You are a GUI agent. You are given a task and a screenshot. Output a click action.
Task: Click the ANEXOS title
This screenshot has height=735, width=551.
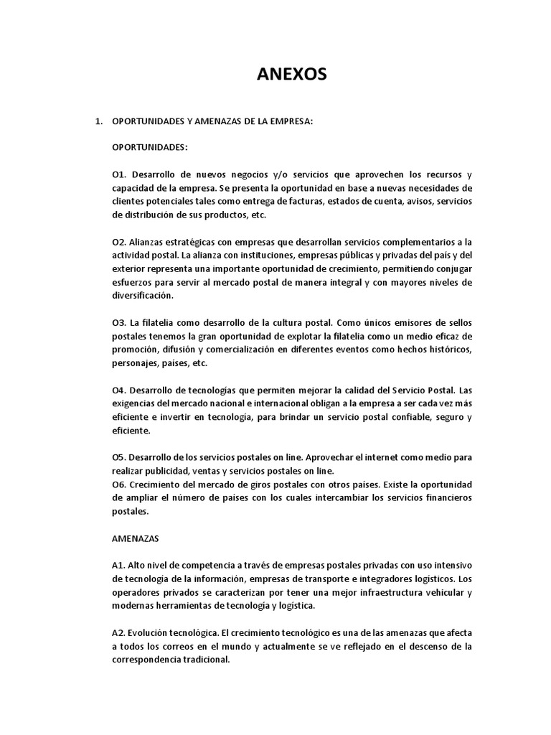pyautogui.click(x=291, y=74)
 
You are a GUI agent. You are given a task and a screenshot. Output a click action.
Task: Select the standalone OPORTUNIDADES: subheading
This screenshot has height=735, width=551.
pyautogui.click(x=149, y=148)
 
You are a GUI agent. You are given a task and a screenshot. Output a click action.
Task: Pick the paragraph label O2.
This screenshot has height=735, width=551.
pyautogui.click(x=119, y=243)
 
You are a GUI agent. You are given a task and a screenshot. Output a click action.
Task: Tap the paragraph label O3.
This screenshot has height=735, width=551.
pyautogui.click(x=119, y=323)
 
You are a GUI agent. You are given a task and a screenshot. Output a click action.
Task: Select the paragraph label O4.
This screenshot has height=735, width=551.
pyautogui.click(x=119, y=390)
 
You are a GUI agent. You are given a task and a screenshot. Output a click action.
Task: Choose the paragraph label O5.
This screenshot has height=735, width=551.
pyautogui.click(x=119, y=458)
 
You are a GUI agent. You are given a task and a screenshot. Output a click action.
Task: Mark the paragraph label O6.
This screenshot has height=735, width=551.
pyautogui.click(x=119, y=485)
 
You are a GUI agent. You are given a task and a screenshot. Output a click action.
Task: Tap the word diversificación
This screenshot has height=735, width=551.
pyautogui.click(x=142, y=296)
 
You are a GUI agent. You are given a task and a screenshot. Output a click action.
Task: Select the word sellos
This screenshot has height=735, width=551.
pyautogui.click(x=456, y=323)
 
